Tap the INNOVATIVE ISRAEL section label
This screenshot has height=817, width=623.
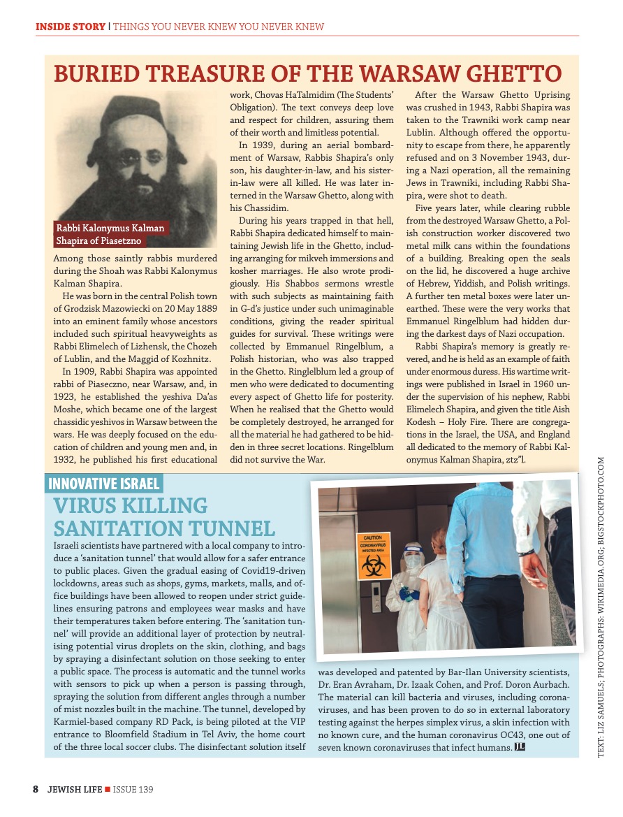(x=104, y=483)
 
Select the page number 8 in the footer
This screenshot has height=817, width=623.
(x=36, y=789)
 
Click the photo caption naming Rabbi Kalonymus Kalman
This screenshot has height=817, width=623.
(x=110, y=235)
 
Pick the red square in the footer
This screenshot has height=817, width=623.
(x=107, y=790)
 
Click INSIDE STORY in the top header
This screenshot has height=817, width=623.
(x=70, y=27)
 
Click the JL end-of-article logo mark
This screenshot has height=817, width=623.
(x=519, y=747)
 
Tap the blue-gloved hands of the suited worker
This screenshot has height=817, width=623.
(x=409, y=594)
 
